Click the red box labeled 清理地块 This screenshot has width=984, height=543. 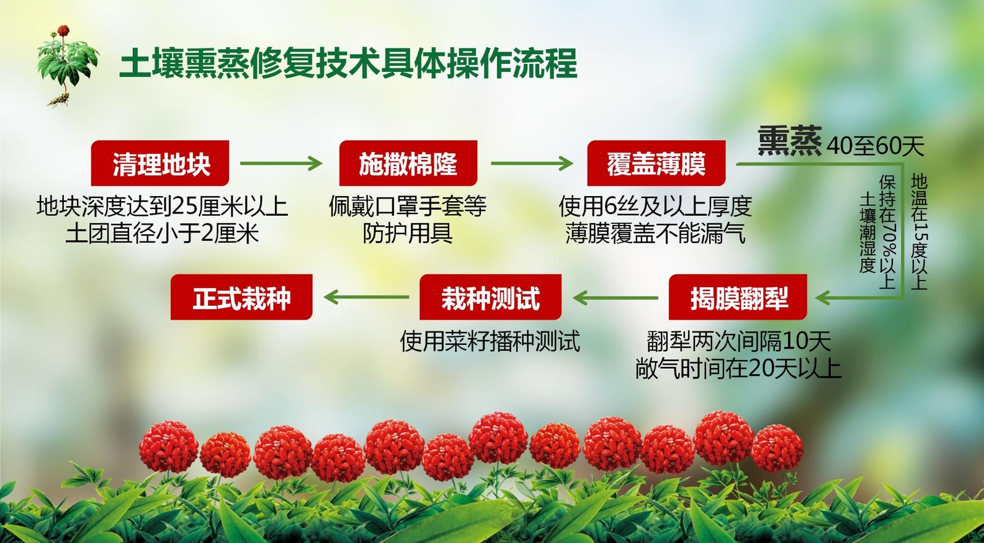tap(160, 163)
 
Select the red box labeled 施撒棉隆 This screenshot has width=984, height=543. tap(408, 163)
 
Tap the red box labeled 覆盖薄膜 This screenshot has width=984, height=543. tap(656, 163)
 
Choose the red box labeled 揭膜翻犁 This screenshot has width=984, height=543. tap(738, 297)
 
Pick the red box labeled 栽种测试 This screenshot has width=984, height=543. tap(490, 297)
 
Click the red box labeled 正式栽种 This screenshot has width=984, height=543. tap(242, 297)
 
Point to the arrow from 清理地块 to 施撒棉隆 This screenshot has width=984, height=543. tap(281, 164)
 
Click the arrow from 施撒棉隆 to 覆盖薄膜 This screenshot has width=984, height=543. tap(532, 164)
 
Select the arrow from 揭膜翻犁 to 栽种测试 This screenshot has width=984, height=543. tap(616, 298)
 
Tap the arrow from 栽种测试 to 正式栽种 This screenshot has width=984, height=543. tap(367, 298)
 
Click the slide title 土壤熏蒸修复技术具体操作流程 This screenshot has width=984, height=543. tap(348, 64)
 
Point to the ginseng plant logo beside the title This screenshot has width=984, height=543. tap(67, 66)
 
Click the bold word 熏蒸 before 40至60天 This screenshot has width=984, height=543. tap(790, 141)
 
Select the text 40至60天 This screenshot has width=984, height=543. tap(875, 146)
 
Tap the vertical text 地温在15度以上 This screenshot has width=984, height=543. tap(919, 231)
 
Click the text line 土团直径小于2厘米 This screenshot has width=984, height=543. tap(162, 233)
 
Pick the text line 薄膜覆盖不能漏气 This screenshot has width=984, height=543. tap(656, 233)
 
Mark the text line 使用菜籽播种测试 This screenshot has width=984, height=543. tap(490, 341)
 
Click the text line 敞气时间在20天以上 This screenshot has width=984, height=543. tap(738, 368)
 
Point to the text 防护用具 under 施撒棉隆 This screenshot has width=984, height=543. tap(408, 233)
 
